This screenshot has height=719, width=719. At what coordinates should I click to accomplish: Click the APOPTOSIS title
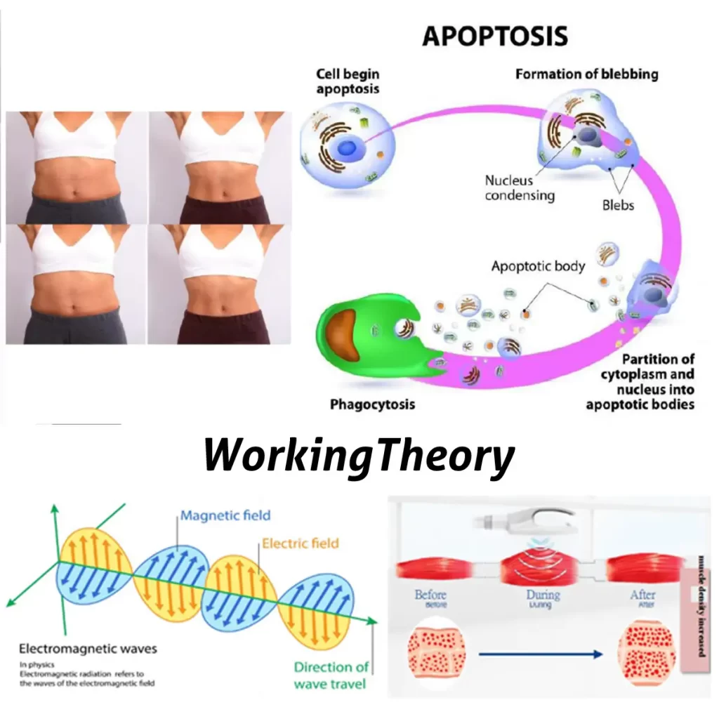tap(494, 36)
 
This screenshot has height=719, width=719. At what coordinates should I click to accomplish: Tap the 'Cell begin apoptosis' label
tap(347, 81)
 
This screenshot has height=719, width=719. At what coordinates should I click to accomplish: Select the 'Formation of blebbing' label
tap(586, 74)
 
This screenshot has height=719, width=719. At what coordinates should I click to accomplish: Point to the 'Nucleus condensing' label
tap(519, 187)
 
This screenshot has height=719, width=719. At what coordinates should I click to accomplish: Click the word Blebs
tap(618, 205)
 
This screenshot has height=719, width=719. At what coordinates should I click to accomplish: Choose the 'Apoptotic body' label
tap(538, 266)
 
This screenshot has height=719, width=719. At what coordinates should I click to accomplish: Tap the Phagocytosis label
tap(372, 404)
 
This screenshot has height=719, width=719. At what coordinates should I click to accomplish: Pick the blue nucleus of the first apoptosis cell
tap(347, 147)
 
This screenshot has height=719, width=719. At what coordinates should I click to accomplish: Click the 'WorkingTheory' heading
tap(359, 456)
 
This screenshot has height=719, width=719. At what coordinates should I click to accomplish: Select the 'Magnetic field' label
tap(225, 515)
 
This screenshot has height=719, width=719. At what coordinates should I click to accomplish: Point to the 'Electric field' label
tap(301, 543)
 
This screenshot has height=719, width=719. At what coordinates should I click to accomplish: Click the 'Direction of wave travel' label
tap(331, 674)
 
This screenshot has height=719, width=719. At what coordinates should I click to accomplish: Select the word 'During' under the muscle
tap(543, 595)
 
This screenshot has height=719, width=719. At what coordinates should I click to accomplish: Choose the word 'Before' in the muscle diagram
tap(430, 595)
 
